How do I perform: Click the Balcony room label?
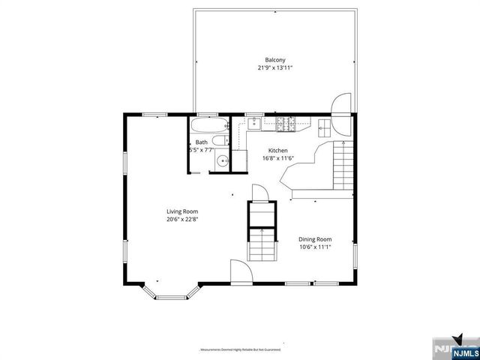point(274,60)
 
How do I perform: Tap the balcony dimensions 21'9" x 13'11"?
point(274,68)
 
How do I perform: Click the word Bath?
point(202,142)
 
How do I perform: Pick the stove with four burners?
point(284,123)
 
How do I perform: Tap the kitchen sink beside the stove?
point(254,124)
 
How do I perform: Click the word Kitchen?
point(277,150)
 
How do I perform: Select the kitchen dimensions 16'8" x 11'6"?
point(277,158)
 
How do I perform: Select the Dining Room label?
point(315,238)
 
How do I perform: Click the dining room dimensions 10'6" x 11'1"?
point(315,247)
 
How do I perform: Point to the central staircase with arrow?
point(262,244)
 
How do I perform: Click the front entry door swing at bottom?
point(240,271)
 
